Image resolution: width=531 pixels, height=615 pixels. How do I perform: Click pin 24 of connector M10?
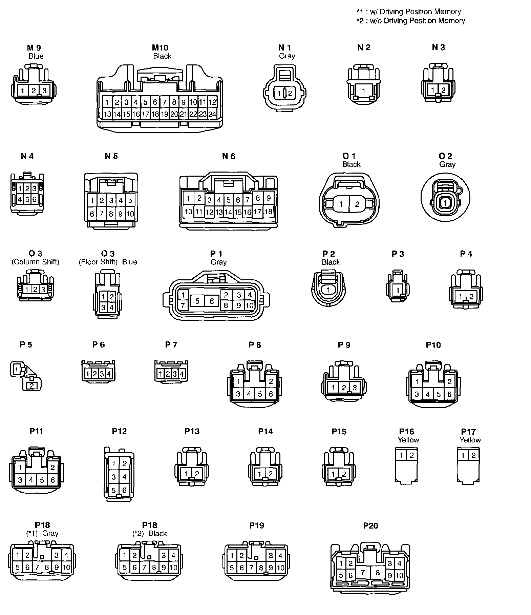[212, 114]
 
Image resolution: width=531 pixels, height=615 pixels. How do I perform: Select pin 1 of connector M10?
[107, 102]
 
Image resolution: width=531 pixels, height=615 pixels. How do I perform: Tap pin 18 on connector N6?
[268, 212]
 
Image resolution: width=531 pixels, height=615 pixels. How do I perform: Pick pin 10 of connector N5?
[130, 214]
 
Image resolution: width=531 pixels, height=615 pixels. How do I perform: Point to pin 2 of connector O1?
[357, 204]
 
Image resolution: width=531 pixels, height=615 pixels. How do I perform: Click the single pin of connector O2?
[445, 203]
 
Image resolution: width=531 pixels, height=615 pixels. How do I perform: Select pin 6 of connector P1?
[212, 301]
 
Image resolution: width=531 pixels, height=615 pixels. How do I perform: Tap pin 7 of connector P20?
[363, 573]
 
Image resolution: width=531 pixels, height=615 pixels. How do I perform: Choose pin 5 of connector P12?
[114, 490]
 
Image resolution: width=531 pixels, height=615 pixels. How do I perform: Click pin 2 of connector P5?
[31, 385]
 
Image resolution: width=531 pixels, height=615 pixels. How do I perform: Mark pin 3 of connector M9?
[44, 91]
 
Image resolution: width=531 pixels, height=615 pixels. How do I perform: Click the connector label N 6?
[229, 156]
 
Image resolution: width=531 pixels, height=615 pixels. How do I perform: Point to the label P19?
[256, 525]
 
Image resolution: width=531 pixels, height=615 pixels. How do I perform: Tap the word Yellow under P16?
[408, 440]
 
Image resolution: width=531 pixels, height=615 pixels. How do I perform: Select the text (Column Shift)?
[36, 262]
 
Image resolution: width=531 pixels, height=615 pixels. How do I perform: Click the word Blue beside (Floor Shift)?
[130, 262]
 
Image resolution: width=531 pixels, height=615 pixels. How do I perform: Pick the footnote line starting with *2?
[411, 21]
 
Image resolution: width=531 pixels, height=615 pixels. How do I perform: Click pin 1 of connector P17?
[463, 455]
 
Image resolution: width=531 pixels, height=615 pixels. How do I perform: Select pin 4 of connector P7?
[182, 374]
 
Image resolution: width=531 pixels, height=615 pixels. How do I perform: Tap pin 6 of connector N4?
[34, 199]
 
